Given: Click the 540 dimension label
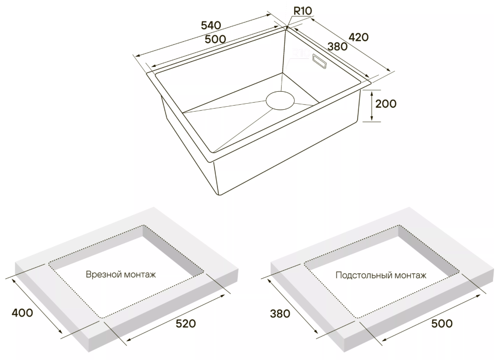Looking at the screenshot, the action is pyautogui.click(x=210, y=25).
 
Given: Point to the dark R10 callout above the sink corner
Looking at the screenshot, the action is pyautogui.click(x=303, y=10).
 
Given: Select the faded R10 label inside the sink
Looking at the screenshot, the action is pyautogui.click(x=300, y=53).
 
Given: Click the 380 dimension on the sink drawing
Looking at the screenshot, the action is pyautogui.click(x=337, y=46).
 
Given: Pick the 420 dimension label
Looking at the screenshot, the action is pyautogui.click(x=358, y=37).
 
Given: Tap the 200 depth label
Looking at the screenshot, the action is pyautogui.click(x=385, y=104).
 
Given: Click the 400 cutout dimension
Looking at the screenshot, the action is pyautogui.click(x=22, y=313).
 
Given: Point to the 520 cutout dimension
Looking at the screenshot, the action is pyautogui.click(x=185, y=324).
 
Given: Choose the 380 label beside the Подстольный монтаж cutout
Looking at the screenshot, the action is pyautogui.click(x=280, y=314).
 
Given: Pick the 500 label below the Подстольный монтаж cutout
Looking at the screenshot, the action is pyautogui.click(x=442, y=324).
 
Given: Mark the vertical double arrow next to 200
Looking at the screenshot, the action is pyautogui.click(x=372, y=106).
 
